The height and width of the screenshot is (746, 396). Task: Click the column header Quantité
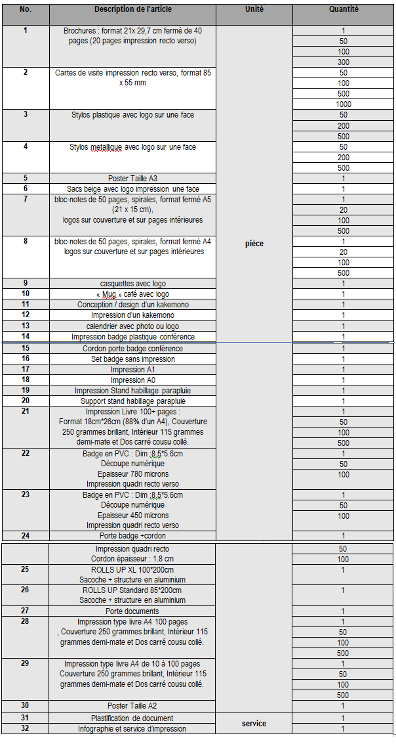point(344,10)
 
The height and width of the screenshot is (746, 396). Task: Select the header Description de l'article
point(132,10)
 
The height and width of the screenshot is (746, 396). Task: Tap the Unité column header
point(254,10)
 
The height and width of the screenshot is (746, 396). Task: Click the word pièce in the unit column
point(254,244)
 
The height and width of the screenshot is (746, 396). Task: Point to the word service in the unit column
point(254,724)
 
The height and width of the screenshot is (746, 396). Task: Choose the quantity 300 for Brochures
point(344,62)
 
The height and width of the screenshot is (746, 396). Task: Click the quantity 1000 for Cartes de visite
point(344,104)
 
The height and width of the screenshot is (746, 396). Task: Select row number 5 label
point(26,178)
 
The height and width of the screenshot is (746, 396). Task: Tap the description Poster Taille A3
point(132,179)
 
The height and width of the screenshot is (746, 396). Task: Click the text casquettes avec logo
point(132,284)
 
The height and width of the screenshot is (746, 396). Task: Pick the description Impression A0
point(132,380)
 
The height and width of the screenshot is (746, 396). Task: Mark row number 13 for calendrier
point(26,326)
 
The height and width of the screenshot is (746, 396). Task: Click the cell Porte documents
point(132,611)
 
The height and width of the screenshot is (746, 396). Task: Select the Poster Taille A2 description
point(132,706)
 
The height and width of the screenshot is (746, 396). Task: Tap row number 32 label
point(26,729)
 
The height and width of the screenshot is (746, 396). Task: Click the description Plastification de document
point(132,718)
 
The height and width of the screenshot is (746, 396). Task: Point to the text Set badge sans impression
point(132,359)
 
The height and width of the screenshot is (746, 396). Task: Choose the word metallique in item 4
point(108,147)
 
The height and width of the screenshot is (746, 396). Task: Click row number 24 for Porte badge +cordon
point(26,536)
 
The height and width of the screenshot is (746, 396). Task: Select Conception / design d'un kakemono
point(132,305)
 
